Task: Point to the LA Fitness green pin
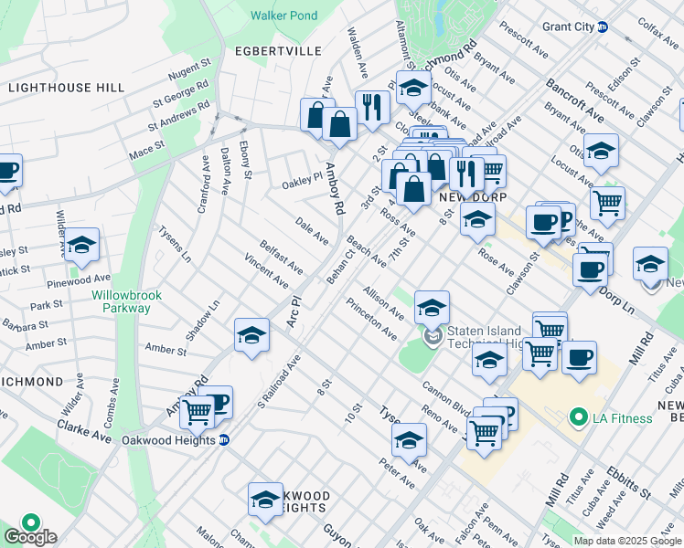(x=578, y=418)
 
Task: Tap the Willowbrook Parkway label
(x=121, y=301)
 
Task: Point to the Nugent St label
(x=189, y=68)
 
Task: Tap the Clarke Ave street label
(x=83, y=431)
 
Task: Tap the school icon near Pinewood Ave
(x=81, y=244)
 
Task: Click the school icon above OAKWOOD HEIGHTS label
(x=265, y=499)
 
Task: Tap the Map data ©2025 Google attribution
(x=627, y=541)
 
